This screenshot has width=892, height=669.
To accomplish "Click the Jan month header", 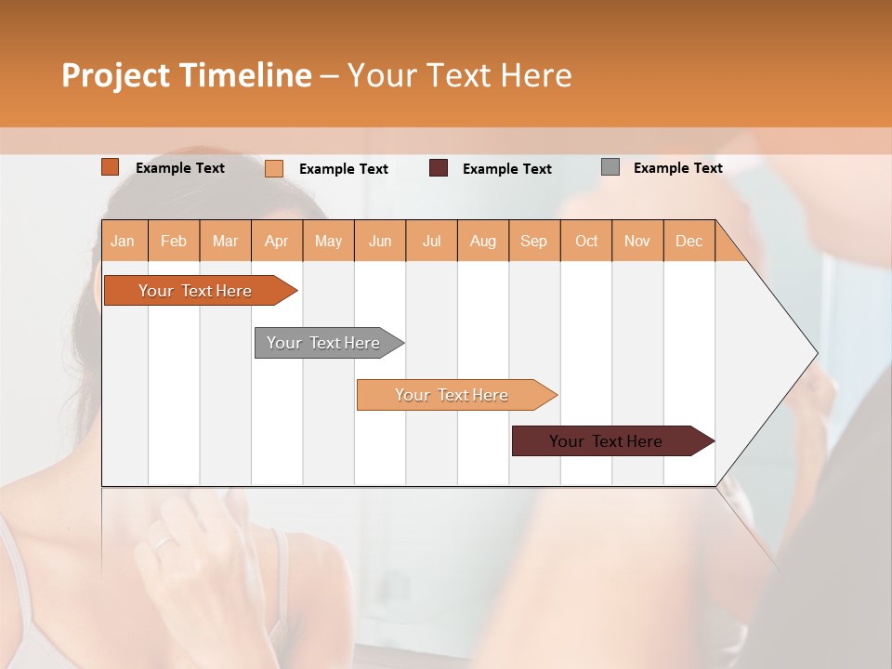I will click(124, 241).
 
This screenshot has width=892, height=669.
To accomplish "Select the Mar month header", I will click(225, 241).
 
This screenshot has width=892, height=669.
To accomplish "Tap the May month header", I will click(328, 241).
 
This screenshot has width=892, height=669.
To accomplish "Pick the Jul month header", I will click(431, 241).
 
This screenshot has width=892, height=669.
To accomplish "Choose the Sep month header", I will click(533, 241).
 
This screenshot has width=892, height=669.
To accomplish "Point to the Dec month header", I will click(689, 241).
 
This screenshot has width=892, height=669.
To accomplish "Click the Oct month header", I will click(586, 241).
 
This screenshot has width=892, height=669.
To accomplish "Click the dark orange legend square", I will click(111, 167).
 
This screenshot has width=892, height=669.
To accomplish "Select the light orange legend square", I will click(274, 168).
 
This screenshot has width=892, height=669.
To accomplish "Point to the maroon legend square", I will click(439, 168).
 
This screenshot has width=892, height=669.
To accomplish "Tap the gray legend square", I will click(610, 167).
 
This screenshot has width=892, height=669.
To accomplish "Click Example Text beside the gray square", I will click(677, 168).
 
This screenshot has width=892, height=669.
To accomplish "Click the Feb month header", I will click(174, 241).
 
